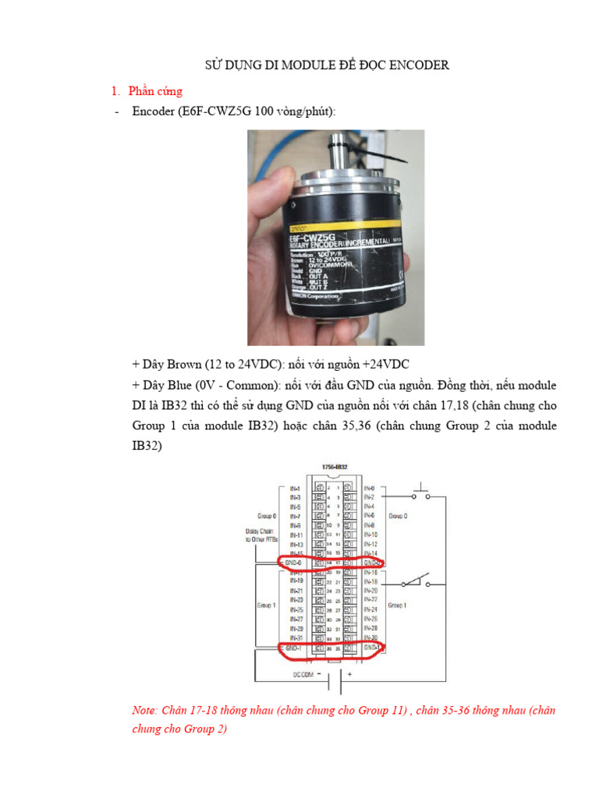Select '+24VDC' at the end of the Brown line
[x=381, y=365]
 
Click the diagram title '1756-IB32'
[x=334, y=467]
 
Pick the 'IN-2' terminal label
[x=370, y=496]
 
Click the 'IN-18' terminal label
[x=371, y=581]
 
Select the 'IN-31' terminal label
[x=296, y=637]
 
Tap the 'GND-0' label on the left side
[x=294, y=561]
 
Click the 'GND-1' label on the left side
[x=294, y=647]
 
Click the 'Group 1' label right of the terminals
[x=399, y=604]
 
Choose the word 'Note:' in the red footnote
[x=146, y=711]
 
